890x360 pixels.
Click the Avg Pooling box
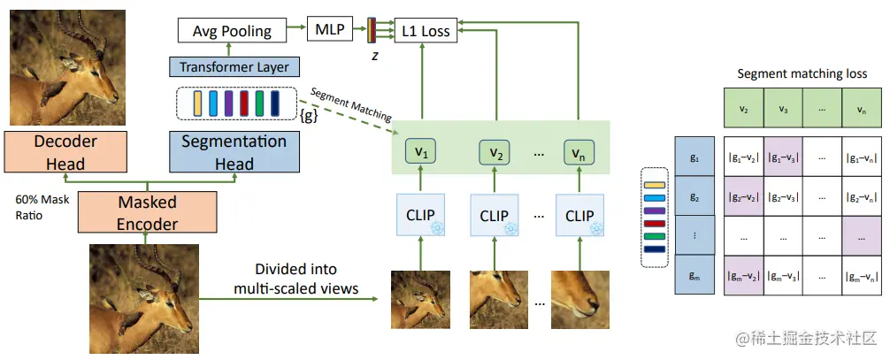click(x=232, y=31)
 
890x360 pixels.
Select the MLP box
click(x=328, y=30)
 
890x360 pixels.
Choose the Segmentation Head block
click(x=234, y=152)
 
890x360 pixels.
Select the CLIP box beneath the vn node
click(x=579, y=216)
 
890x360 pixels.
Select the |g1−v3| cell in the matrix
click(x=783, y=159)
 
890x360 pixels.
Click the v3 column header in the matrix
click(x=783, y=110)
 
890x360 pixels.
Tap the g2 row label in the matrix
click(x=695, y=200)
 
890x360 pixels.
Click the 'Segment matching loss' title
click(x=801, y=74)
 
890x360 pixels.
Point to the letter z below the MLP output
click(x=375, y=54)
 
